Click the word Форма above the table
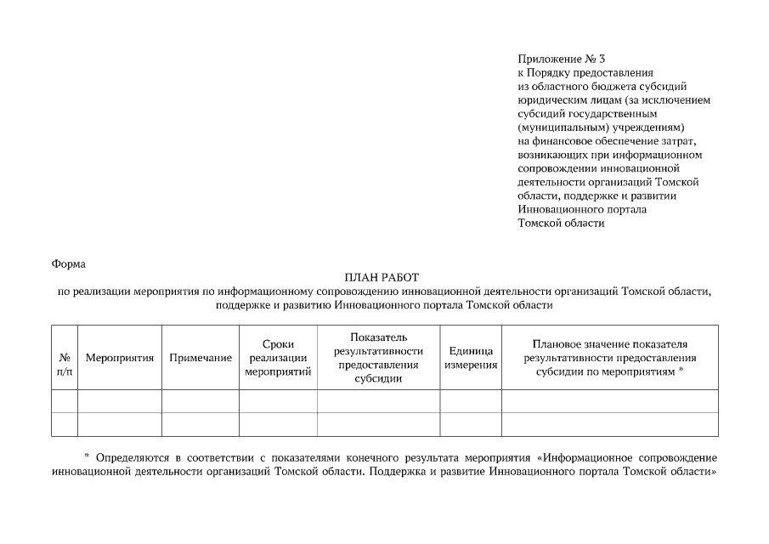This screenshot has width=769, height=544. click(69, 264)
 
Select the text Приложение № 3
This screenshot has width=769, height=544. click(561, 59)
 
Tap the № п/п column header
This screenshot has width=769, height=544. click(64, 358)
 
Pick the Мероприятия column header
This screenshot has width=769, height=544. click(119, 358)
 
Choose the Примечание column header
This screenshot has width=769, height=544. click(201, 358)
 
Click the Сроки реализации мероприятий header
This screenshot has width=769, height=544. click(278, 358)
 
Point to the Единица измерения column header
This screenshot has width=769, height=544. click(471, 358)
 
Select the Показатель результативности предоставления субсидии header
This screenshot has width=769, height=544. click(378, 358)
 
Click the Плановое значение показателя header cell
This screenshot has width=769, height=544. click(609, 358)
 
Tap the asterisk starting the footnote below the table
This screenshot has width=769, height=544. click(87, 456)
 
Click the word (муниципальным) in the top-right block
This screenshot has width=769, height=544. click(554, 127)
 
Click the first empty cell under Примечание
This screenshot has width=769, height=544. click(201, 400)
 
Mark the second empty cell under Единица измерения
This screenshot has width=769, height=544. click(471, 423)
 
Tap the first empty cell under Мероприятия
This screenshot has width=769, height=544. click(119, 400)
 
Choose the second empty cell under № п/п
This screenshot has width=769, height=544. click(64, 423)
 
